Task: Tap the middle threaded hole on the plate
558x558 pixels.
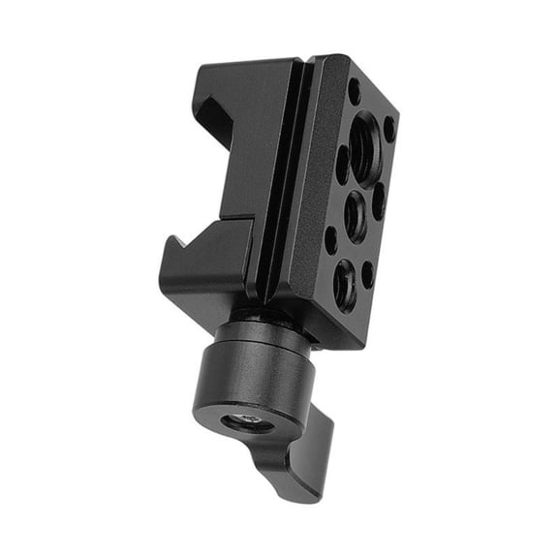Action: [x=356, y=215]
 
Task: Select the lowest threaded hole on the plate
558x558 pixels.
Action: [x=345, y=284]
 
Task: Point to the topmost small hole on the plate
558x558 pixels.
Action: [x=354, y=91]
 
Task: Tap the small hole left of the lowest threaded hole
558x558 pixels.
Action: [x=331, y=238]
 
